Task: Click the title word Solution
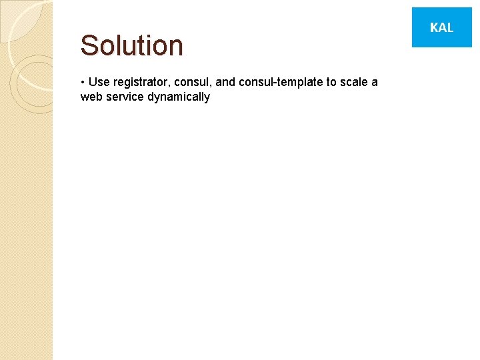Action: (131, 45)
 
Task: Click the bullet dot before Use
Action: (82, 82)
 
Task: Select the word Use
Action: (99, 82)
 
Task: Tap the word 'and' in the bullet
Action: (225, 82)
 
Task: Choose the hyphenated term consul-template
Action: (280, 82)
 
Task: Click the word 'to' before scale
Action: (331, 82)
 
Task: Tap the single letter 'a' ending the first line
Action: (374, 83)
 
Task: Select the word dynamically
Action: (178, 97)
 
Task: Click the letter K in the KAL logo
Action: (433, 27)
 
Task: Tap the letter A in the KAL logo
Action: (441, 27)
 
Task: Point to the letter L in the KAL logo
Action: (450, 27)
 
